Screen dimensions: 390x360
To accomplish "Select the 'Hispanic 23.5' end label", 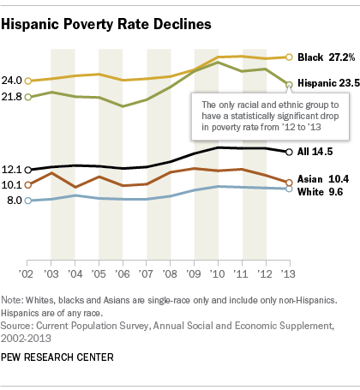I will tap(327, 85).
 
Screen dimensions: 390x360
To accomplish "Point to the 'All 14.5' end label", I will tap(316, 152).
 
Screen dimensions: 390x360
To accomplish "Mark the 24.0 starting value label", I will tap(13, 81).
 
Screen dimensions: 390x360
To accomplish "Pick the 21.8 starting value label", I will tap(13, 97).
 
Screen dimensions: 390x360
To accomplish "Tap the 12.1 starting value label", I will tap(13, 170).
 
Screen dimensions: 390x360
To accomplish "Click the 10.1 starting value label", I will tap(13, 184).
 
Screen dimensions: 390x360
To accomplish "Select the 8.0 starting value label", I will tap(15, 201).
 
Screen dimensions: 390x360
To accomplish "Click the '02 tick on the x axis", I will tap(27, 273).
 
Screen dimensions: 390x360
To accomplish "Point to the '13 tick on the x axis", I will tap(289, 273).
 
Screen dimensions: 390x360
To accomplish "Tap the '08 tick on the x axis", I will tap(170, 273).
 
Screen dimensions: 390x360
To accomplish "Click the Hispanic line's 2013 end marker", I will tap(289, 85).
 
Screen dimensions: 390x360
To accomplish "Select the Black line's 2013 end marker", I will tap(289, 57).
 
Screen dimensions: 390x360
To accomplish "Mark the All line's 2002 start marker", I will tap(28, 170).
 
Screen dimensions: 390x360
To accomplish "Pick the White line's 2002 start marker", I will tap(28, 201).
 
